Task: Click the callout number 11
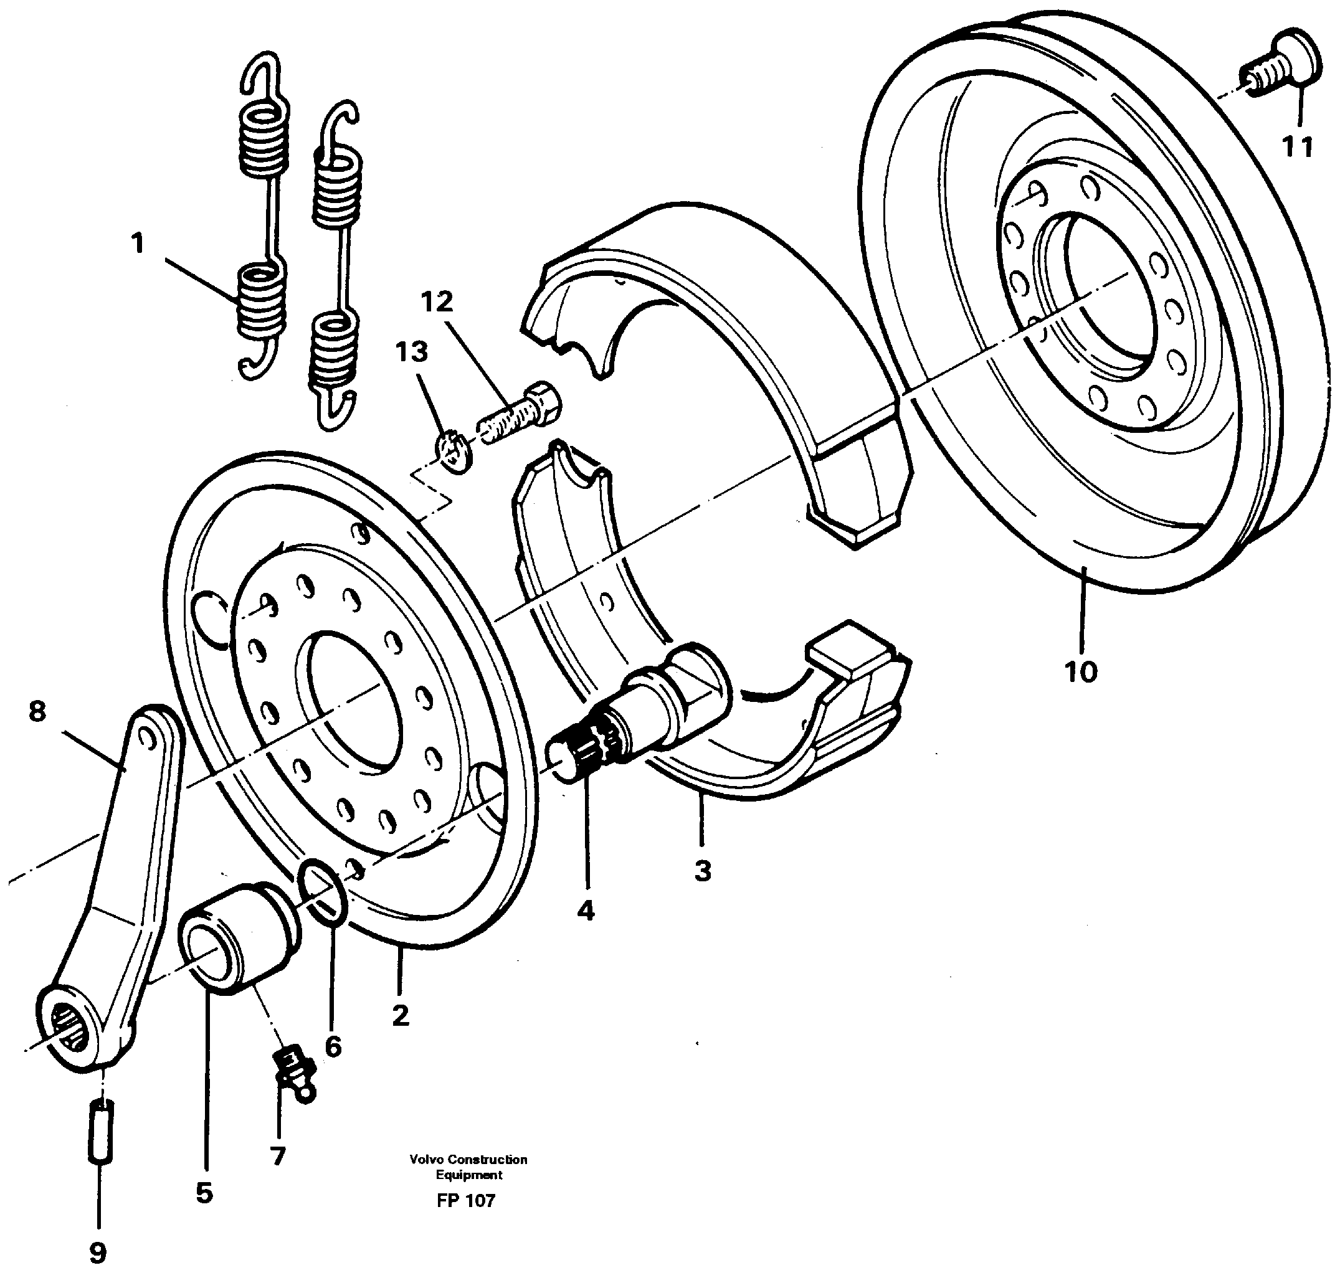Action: tap(1297, 146)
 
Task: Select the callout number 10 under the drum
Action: tap(1081, 672)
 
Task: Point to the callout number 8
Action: tap(37, 712)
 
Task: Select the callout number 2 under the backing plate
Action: tap(401, 1015)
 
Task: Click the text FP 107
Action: tap(465, 1200)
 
